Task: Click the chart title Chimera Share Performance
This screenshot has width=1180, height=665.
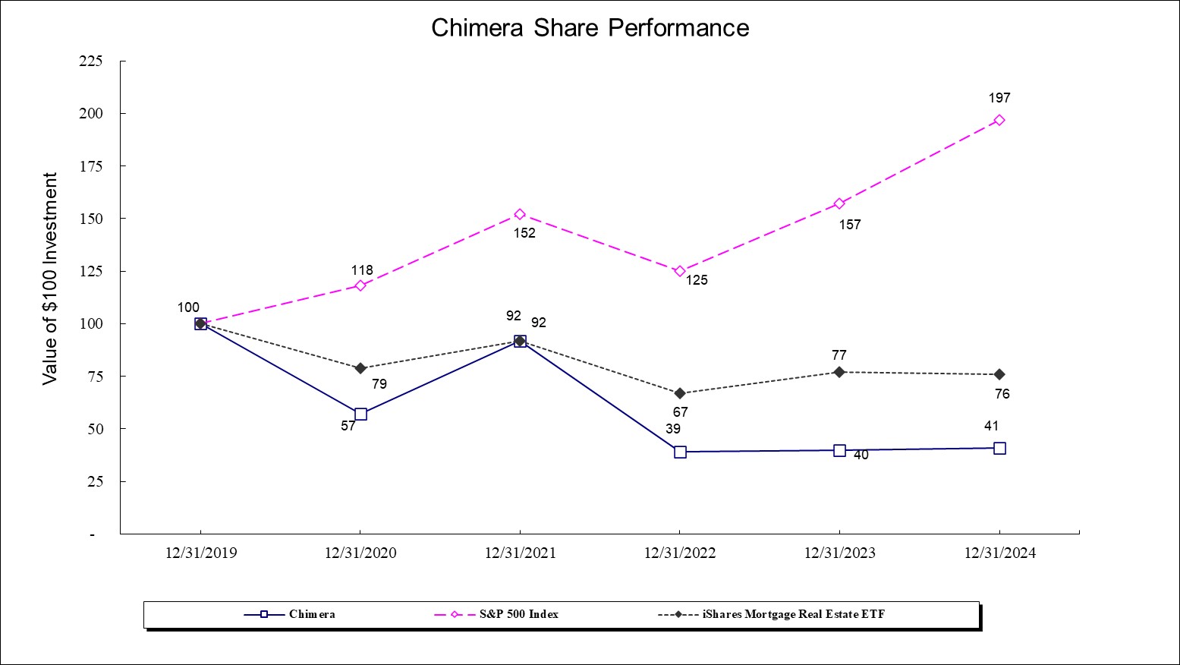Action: click(590, 28)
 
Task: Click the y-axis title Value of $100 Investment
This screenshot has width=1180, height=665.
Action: click(50, 279)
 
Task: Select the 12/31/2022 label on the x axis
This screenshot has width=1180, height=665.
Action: click(679, 553)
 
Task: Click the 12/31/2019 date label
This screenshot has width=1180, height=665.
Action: click(200, 553)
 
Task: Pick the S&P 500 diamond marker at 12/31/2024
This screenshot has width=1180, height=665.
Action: click(999, 120)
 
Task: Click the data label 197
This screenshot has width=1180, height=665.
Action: click(999, 99)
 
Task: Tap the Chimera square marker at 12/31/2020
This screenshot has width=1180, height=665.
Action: click(360, 414)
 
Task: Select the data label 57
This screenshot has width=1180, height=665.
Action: click(348, 427)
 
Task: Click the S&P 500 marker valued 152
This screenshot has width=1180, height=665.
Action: click(520, 215)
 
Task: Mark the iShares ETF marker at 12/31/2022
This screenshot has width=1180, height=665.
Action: click(680, 393)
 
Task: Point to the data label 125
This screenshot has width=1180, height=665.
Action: click(697, 281)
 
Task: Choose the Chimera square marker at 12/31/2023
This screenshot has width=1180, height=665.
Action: click(839, 451)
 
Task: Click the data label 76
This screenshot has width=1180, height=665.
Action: click(1002, 395)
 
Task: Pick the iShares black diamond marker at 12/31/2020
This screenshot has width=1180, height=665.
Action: click(360, 368)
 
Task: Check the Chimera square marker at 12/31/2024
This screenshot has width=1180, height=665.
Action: click(999, 449)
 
